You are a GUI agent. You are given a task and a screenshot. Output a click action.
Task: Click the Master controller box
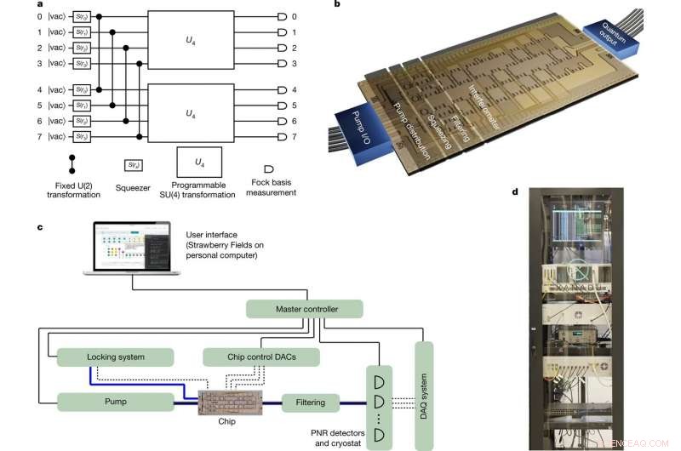coord(304,309)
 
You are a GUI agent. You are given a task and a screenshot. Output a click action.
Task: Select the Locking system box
coord(115,357)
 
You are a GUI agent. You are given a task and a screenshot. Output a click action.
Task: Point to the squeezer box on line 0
coord(82,16)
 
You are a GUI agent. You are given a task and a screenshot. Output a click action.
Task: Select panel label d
coord(515,191)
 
